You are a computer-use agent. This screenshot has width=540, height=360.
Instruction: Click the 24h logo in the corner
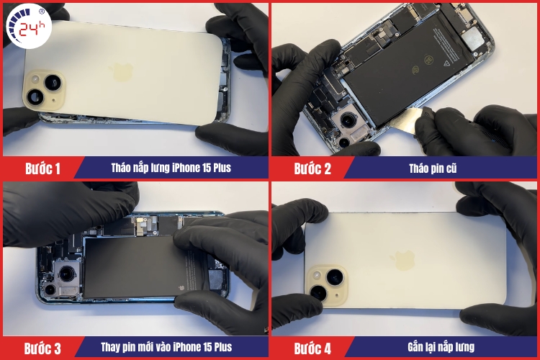click(29, 26)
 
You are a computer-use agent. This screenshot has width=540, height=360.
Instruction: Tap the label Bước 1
click(42, 168)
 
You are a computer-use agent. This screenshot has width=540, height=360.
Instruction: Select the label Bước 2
click(312, 168)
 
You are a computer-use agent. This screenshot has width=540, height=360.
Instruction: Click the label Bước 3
click(42, 348)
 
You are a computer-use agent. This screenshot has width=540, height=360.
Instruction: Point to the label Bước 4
click(312, 348)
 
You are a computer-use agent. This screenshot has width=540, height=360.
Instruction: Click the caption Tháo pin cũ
click(433, 168)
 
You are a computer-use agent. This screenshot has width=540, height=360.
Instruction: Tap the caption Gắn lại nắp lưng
click(441, 347)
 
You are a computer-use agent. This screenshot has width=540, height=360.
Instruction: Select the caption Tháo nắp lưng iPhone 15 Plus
click(171, 168)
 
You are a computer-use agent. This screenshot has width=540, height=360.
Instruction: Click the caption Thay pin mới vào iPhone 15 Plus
click(166, 347)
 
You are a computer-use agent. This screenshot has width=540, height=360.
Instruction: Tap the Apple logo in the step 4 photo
click(402, 260)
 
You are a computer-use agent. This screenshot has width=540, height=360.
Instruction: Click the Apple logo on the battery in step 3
click(181, 288)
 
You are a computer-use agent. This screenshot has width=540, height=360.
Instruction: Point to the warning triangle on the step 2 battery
click(447, 63)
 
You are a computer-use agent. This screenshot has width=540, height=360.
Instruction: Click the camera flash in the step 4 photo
click(316, 275)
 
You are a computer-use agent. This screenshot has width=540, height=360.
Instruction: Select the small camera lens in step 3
click(50, 289)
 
